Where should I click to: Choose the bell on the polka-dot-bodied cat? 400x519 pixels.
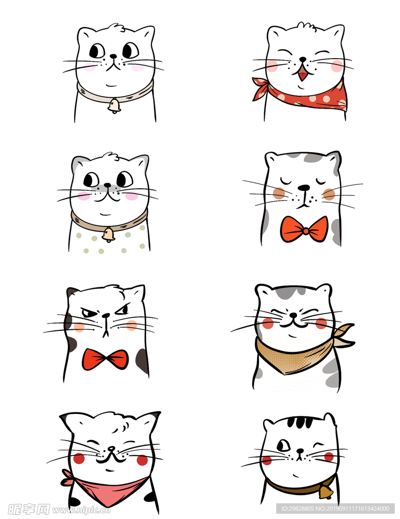click(x=109, y=235)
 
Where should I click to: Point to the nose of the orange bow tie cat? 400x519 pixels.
click(x=303, y=187)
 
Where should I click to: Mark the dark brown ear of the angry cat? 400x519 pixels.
click(x=72, y=294)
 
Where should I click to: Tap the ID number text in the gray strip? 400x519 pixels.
click(x=334, y=509)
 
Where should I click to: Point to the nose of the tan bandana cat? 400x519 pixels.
click(x=293, y=315)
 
